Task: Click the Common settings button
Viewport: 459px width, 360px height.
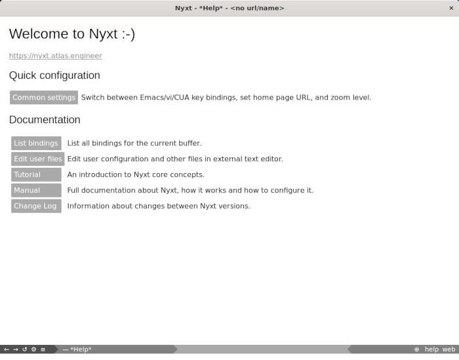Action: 44,98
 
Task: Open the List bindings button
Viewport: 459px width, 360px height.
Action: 36,144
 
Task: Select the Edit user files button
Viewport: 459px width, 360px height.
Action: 38,159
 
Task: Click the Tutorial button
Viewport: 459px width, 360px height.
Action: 36,175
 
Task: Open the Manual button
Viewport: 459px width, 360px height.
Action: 36,191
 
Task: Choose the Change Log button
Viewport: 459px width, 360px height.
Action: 36,207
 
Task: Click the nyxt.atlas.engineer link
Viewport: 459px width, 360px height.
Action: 56,56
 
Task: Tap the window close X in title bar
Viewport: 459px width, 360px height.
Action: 451,8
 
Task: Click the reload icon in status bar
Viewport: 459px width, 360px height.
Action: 25,350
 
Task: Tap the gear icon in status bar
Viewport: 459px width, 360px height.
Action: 33,350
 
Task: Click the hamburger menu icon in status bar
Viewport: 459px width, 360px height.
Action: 43,350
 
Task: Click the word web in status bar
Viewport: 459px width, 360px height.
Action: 449,350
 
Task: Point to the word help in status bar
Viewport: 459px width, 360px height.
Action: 431,350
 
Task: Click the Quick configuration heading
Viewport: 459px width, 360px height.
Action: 54,75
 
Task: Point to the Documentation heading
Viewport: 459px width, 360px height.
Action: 45,120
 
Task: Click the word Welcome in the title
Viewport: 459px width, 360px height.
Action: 38,34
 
